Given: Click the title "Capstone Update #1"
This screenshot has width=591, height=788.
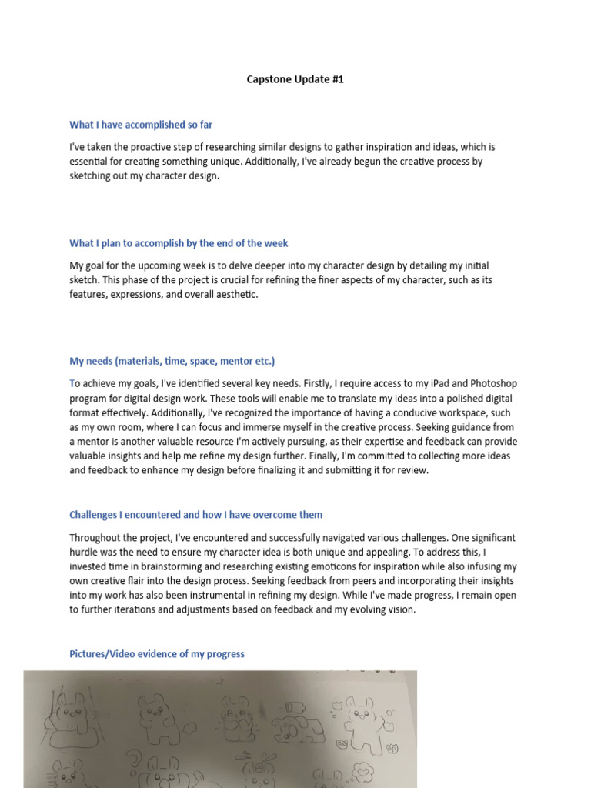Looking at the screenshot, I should point(295,79).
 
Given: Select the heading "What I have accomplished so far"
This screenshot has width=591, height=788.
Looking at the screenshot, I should point(141,125).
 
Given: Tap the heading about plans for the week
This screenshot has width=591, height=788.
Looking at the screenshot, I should point(179,243).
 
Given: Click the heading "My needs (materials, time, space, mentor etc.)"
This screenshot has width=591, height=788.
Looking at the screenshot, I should point(172,361).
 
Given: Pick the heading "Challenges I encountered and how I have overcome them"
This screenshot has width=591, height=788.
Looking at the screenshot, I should point(196,515).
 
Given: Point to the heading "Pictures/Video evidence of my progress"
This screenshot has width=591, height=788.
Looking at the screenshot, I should point(157,654).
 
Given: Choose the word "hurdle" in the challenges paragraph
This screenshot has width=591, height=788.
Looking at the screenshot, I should point(85,552).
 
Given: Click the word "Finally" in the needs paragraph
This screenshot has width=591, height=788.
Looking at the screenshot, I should point(386,456).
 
